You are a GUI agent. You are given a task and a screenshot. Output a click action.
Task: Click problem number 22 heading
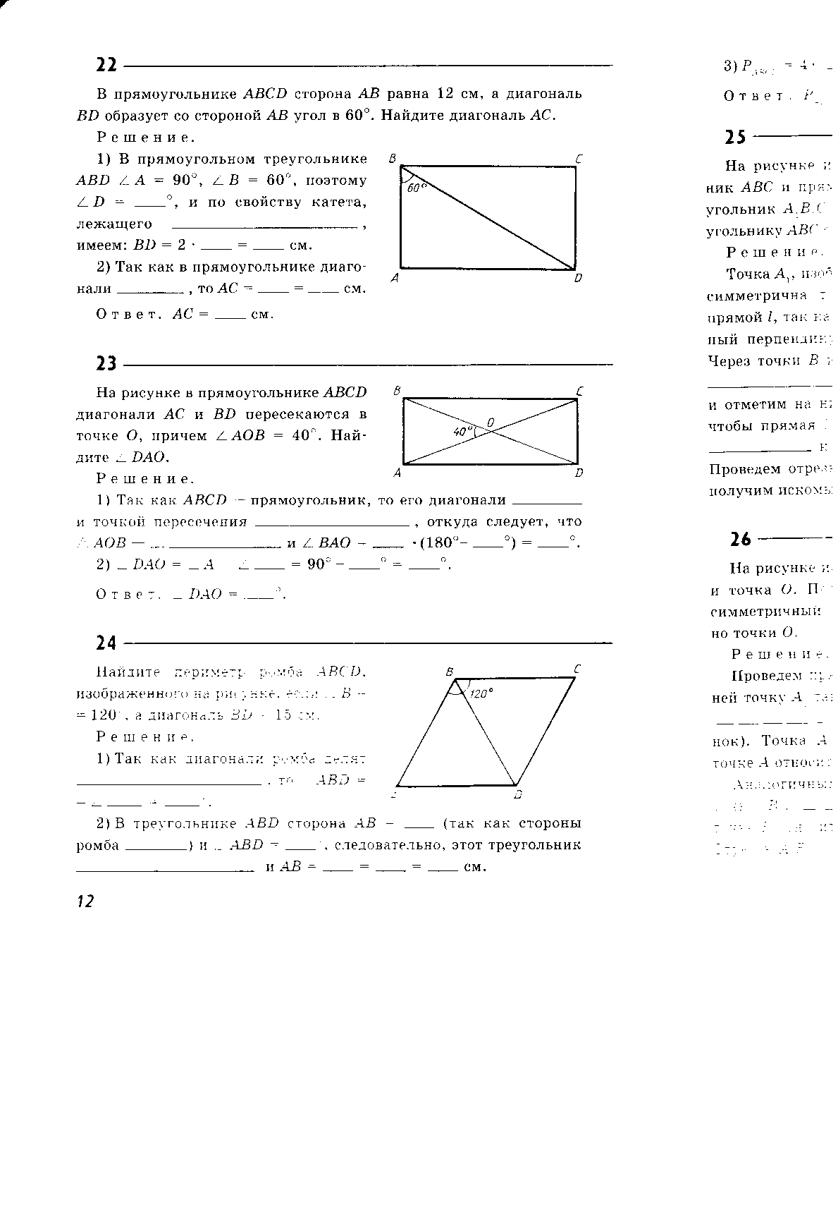(x=106, y=66)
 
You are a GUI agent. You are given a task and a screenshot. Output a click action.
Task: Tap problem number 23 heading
(x=106, y=364)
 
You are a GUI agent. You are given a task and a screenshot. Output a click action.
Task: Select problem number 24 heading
(x=106, y=643)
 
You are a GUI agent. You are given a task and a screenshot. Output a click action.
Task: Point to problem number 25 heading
(x=735, y=137)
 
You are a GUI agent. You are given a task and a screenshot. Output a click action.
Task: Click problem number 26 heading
(x=741, y=540)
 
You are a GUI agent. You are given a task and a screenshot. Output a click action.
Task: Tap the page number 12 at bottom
(x=85, y=901)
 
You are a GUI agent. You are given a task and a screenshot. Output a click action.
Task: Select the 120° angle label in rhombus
(x=480, y=693)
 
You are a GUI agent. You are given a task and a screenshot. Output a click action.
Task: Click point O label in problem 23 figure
(x=491, y=422)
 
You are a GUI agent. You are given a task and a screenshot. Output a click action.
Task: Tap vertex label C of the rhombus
(x=577, y=668)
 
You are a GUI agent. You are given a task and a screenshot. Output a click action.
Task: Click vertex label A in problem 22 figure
(x=395, y=278)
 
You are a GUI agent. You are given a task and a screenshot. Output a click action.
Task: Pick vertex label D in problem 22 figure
(x=578, y=278)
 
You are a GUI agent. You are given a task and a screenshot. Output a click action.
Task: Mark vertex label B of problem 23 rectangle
(x=397, y=390)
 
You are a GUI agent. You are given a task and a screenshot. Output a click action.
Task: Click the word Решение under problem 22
(x=146, y=138)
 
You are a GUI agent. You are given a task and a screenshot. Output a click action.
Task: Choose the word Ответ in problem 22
(x=125, y=315)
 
